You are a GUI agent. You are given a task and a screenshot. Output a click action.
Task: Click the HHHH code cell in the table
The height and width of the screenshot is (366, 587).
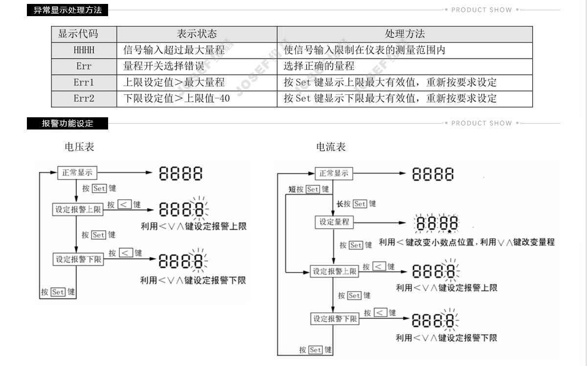(x=84, y=50)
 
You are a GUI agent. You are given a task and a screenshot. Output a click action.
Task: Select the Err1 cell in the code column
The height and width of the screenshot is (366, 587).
(x=84, y=83)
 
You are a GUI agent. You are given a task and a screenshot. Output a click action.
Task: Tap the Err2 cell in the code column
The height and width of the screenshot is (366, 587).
(x=84, y=99)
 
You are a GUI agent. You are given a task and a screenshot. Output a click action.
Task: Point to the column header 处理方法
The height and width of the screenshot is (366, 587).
(x=405, y=34)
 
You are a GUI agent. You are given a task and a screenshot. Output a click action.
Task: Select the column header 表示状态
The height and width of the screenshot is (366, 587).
(x=197, y=34)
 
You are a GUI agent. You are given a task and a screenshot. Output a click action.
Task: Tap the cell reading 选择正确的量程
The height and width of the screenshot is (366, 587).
(x=319, y=66)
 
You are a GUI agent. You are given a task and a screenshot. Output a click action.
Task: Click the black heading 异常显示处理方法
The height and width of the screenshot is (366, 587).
(x=68, y=10)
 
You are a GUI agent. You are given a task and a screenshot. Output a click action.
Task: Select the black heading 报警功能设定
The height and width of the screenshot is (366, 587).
(x=68, y=124)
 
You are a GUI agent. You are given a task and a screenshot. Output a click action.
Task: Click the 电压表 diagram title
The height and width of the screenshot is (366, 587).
(x=79, y=147)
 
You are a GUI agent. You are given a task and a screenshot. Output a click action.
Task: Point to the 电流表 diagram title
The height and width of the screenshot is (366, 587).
(x=331, y=147)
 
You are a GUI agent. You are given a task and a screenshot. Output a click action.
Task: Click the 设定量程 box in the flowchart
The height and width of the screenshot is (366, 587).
(x=334, y=222)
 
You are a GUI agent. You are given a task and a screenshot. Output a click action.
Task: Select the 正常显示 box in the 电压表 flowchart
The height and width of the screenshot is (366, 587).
(x=77, y=173)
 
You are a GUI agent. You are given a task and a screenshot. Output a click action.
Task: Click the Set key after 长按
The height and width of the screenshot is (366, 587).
(x=360, y=204)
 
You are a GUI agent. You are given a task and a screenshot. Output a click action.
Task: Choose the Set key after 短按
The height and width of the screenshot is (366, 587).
(x=313, y=189)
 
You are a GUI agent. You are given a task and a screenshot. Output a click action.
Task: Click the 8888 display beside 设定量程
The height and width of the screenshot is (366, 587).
(x=436, y=224)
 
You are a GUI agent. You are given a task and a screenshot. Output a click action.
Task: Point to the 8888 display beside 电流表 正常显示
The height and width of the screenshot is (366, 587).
(x=433, y=174)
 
